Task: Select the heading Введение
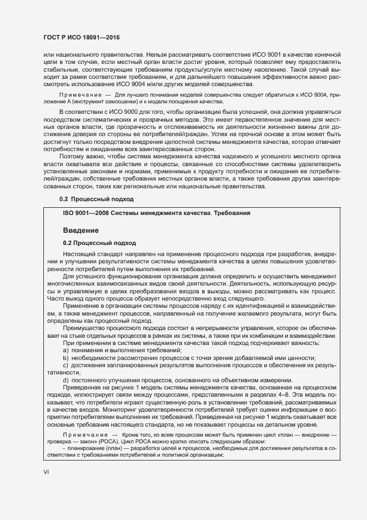click(x=81, y=230)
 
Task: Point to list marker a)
click(x=66, y=350)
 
